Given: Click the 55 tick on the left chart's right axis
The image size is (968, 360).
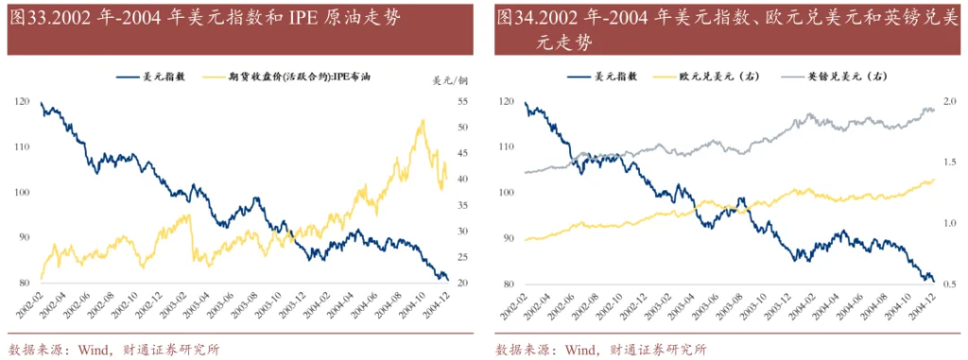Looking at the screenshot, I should click(464, 101).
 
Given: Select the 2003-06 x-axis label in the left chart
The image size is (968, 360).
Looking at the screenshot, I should click(212, 308).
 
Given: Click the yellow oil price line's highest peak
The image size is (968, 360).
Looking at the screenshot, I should click(422, 120).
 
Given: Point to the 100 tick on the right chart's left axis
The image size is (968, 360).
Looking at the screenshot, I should click(507, 193).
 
